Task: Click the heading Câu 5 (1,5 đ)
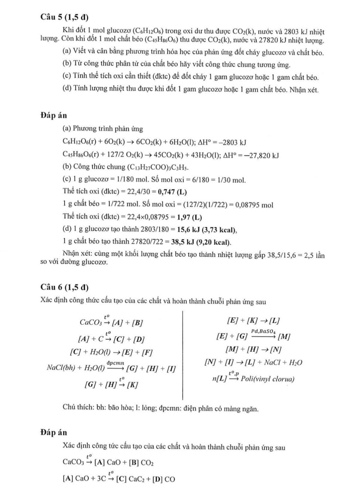coord(64,18)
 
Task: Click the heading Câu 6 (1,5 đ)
coord(64,287)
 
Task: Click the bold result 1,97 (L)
coord(189,217)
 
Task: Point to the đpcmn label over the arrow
coord(115,363)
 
